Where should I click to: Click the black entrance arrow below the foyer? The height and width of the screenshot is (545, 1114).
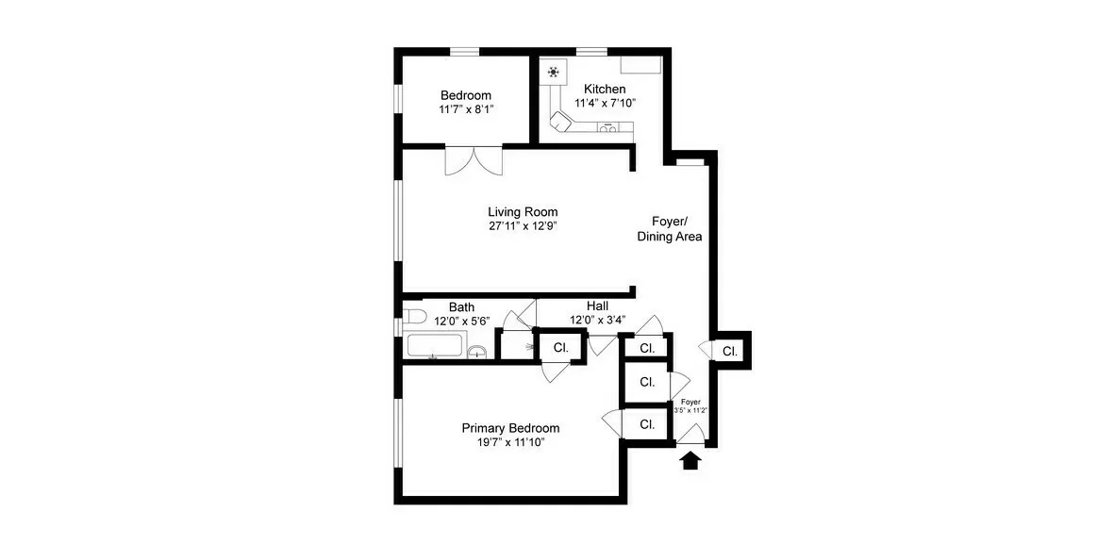(690, 460)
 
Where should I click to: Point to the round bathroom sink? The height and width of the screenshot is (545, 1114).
(477, 353)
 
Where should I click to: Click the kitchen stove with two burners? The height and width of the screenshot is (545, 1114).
(609, 128)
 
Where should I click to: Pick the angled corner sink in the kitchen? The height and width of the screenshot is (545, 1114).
(561, 122)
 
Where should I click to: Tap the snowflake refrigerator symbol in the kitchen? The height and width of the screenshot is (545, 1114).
(553, 72)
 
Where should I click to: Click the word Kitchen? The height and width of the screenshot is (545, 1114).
(605, 89)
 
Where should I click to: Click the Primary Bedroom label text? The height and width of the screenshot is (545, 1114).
(504, 427)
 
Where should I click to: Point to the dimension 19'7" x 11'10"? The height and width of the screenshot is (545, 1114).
(504, 442)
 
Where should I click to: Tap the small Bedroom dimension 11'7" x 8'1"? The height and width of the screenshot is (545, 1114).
(466, 109)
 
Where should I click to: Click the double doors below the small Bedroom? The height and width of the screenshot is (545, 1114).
(474, 160)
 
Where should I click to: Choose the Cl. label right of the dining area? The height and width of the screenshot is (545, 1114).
(730, 352)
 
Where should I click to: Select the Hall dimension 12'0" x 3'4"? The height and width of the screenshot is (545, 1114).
(597, 320)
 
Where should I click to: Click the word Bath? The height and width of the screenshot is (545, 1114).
(461, 307)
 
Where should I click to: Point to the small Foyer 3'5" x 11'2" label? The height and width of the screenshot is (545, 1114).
(690, 406)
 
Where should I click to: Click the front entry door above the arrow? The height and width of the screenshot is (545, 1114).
(691, 435)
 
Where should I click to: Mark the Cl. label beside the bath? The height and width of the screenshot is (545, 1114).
(560, 347)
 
